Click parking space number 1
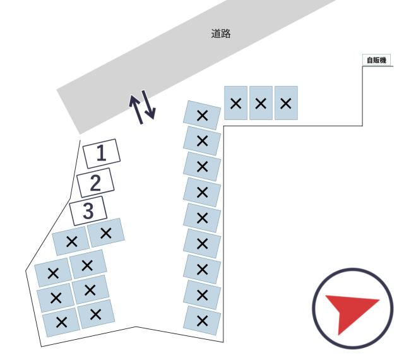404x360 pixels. coord(102,153)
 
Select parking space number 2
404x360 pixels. coord(95,183)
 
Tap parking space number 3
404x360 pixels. coord(88,211)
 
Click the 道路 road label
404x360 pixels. coord(221,33)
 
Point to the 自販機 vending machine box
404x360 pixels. coord(376,61)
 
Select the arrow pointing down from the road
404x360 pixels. coord(149,105)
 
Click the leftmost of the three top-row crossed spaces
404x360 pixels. coord(235,103)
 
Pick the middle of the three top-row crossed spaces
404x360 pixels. coord(261,103)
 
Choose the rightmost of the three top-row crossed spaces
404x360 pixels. coord(286,103)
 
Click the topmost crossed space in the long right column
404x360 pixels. coord(202,116)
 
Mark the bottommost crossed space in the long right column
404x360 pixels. coord(202,321)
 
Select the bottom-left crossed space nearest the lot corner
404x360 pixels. coord(61,322)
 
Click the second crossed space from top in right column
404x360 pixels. coord(202,141)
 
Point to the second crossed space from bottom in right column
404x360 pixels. coord(202,295)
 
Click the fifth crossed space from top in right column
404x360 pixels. coord(202,218)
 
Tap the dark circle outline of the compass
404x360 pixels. coord(353,269)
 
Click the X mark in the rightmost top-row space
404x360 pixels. coord(286,104)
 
